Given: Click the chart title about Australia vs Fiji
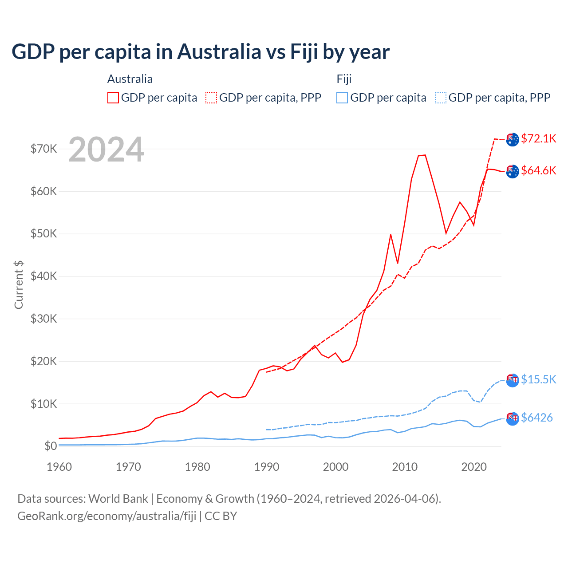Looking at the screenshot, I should [201, 52].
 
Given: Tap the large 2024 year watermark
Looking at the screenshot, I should [106, 150].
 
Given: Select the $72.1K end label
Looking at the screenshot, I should [538, 138].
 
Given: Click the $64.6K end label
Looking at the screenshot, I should [538, 170].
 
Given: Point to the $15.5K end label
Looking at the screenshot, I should [538, 379].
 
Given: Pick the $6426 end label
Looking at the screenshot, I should [536, 418].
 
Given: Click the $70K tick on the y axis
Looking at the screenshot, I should [44, 149].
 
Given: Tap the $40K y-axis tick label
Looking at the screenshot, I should [44, 276].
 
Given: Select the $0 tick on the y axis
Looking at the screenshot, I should [51, 446].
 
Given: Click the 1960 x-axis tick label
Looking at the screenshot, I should [59, 467].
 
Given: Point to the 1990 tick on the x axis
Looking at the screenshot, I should [267, 467].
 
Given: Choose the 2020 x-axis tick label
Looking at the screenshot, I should [474, 467].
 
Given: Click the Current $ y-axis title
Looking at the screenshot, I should [19, 284].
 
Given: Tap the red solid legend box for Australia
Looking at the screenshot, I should [113, 98].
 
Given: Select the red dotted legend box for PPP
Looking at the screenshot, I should [211, 98].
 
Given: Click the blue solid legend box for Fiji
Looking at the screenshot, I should [342, 98].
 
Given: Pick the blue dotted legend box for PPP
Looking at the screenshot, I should [441, 98].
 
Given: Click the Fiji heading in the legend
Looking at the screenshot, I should [344, 79].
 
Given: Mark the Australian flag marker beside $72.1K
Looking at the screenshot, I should [513, 139].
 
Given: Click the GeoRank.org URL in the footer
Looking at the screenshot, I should [106, 516].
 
